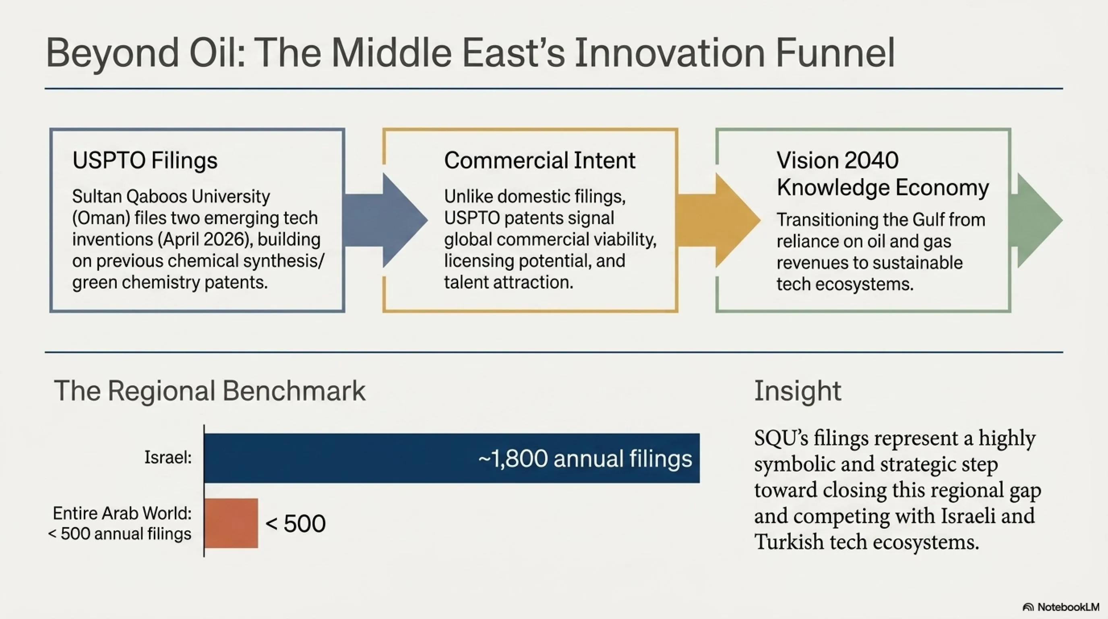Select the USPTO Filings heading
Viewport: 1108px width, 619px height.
[x=145, y=160]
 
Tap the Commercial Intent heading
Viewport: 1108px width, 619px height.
[x=540, y=160]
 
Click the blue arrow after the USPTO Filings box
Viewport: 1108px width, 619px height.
[x=385, y=220]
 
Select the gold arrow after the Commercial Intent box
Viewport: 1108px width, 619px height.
[x=719, y=220]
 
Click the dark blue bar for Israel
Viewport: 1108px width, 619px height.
[x=452, y=458]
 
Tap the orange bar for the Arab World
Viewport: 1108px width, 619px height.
[x=231, y=523]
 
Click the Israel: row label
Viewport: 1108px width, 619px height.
[x=168, y=457]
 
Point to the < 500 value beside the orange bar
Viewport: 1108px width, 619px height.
[x=296, y=524]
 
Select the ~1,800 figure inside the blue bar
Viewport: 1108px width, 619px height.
[x=513, y=459]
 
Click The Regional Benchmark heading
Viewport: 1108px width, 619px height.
[x=209, y=391]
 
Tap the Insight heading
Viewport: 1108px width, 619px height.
[x=798, y=391]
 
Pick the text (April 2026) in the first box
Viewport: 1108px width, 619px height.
[x=203, y=240]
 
